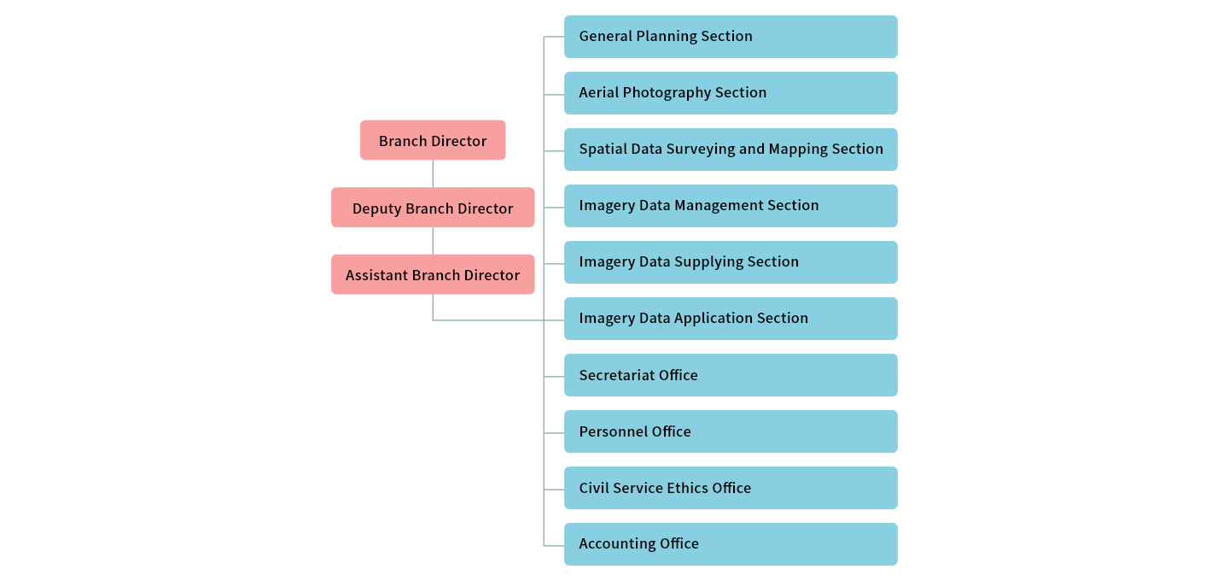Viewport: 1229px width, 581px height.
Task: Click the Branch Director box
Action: pos(433,140)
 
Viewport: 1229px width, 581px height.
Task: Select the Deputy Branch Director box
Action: pos(433,208)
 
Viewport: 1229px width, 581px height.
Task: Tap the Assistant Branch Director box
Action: pos(433,274)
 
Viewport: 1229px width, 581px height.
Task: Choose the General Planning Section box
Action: pos(731,37)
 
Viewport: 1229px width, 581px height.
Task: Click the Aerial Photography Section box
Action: pos(731,93)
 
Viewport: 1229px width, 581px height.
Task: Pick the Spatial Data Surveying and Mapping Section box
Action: pos(731,150)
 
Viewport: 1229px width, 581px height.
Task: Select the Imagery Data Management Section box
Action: pos(731,206)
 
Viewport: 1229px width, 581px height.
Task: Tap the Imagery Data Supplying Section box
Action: pos(731,262)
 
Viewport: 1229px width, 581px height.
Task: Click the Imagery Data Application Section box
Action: pos(731,319)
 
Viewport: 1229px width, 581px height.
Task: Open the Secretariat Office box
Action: pos(731,375)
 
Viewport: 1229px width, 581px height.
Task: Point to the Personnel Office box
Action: pos(731,431)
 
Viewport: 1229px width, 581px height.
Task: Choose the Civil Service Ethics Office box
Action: pos(731,488)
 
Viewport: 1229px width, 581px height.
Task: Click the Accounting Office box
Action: pos(731,544)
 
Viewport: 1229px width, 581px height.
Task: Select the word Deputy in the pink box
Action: pos(376,208)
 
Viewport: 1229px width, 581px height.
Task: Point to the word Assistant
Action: pos(376,275)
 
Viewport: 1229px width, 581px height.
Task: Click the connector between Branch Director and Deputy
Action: pos(433,173)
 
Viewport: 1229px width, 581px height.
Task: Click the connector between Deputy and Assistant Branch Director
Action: pos(433,240)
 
